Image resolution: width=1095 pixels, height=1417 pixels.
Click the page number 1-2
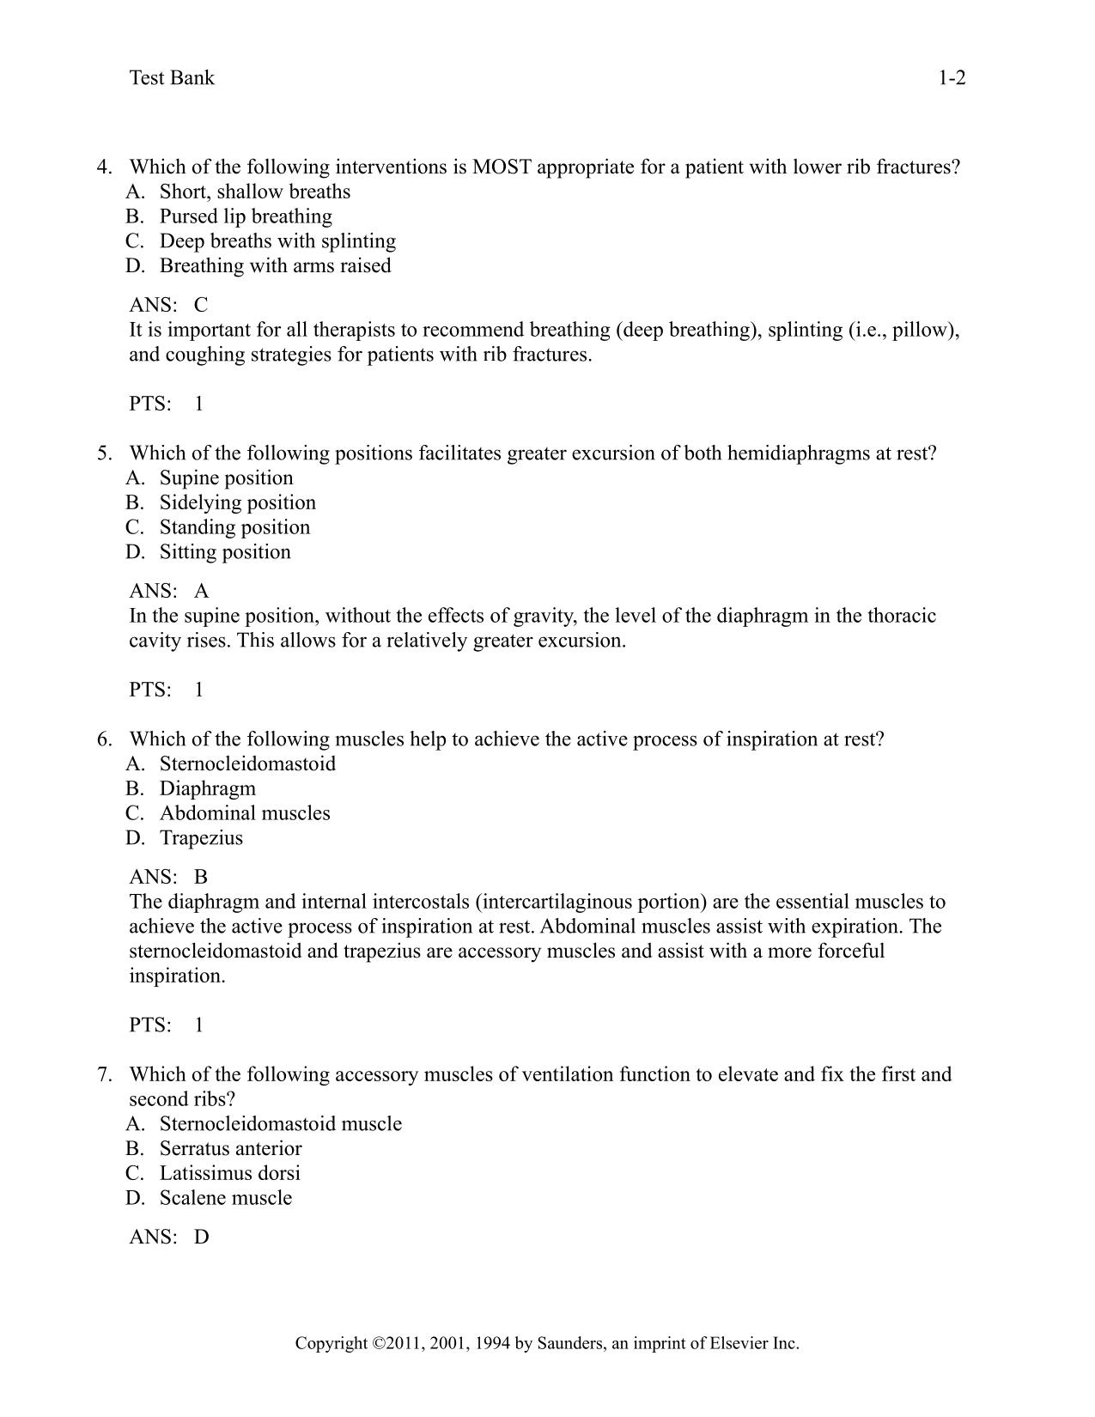click(952, 78)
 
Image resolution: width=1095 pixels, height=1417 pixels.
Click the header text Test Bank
click(172, 78)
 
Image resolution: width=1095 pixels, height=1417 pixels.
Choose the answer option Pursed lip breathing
click(246, 216)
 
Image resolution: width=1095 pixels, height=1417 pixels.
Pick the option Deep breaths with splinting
click(277, 241)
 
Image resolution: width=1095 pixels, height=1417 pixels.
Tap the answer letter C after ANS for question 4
click(201, 305)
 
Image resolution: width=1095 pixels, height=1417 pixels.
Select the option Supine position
click(226, 477)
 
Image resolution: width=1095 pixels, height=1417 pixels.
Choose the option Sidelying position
click(237, 502)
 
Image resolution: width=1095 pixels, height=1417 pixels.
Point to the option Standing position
click(234, 527)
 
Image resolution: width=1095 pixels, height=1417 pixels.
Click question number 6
click(104, 739)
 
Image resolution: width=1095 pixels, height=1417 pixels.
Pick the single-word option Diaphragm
click(207, 788)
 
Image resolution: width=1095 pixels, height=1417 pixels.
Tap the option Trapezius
click(201, 838)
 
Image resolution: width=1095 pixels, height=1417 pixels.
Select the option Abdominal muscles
click(245, 813)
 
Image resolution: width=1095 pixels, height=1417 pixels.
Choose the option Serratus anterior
click(230, 1149)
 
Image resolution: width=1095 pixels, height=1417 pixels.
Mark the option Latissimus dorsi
click(229, 1174)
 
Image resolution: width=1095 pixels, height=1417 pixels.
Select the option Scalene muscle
click(225, 1198)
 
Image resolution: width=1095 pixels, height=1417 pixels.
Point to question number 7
click(104, 1074)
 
